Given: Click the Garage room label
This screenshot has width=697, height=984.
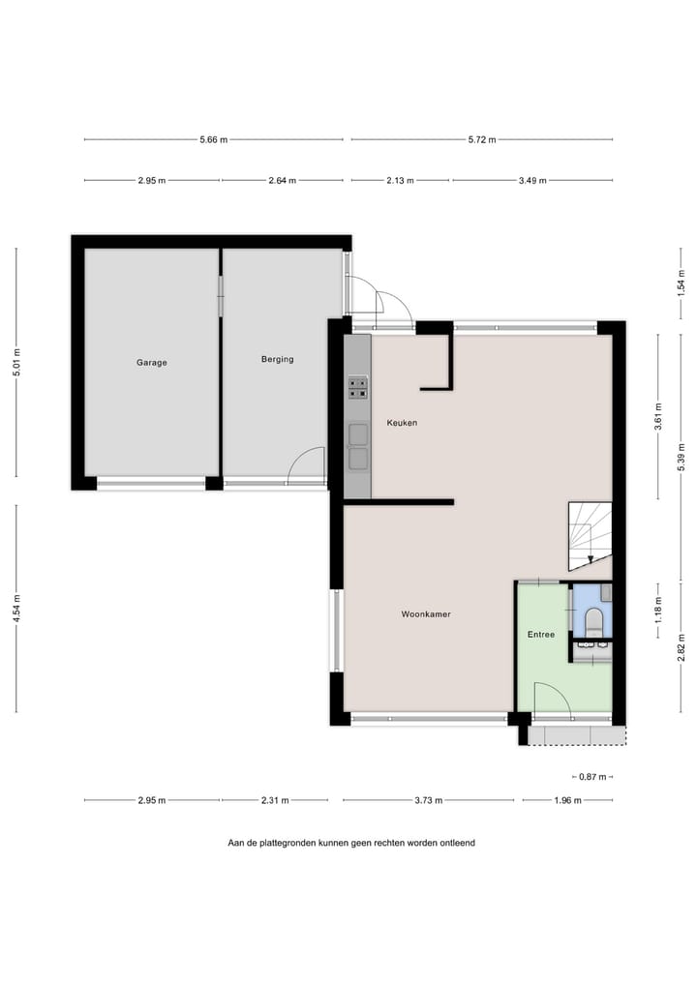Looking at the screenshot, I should (151, 363).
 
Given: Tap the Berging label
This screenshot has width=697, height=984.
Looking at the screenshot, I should (277, 359).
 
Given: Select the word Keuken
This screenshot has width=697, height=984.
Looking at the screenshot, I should (402, 423).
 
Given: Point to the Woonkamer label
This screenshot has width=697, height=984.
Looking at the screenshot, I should (426, 614).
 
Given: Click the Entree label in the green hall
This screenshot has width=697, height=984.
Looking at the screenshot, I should (540, 635).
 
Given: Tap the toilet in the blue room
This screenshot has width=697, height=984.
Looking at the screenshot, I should (593, 620).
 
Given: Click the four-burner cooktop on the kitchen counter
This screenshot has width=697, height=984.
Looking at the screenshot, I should (357, 388).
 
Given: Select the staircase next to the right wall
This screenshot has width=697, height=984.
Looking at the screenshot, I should (590, 535).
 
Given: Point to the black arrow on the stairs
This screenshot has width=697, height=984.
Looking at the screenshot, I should (591, 557).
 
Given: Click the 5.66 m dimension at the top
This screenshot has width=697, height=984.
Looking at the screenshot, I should (213, 139).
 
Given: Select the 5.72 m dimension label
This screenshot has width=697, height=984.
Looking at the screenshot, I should (481, 139).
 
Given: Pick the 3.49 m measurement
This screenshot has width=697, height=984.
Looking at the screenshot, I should (532, 180).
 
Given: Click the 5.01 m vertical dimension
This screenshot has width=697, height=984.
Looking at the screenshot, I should (15, 363).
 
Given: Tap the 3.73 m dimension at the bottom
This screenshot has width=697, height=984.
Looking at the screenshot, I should (428, 800).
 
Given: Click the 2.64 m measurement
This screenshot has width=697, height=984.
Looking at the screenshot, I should (282, 180).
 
